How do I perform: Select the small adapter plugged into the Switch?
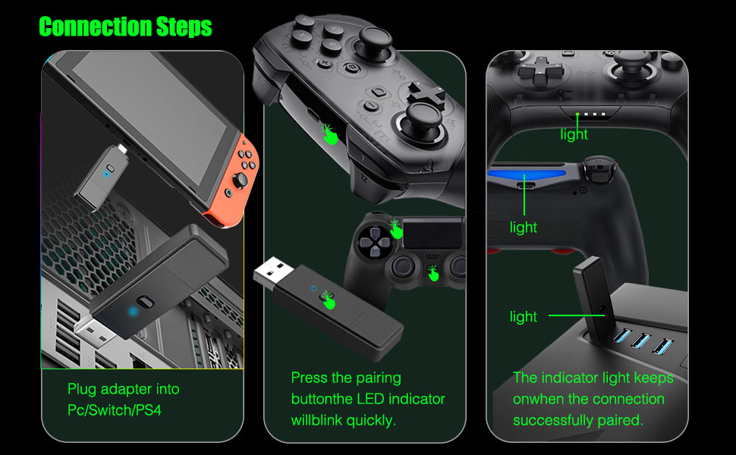pyautogui.click(x=102, y=175)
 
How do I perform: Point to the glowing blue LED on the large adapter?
pyautogui.click(x=134, y=309)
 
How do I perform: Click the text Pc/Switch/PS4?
pyautogui.click(x=115, y=410)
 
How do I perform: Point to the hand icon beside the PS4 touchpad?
pyautogui.click(x=395, y=227)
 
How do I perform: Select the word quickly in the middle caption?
pyautogui.click(x=370, y=419)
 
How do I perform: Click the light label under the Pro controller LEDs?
pyautogui.click(x=574, y=134)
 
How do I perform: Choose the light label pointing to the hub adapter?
pyautogui.click(x=523, y=317)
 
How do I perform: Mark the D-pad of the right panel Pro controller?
pyautogui.click(x=540, y=72)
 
